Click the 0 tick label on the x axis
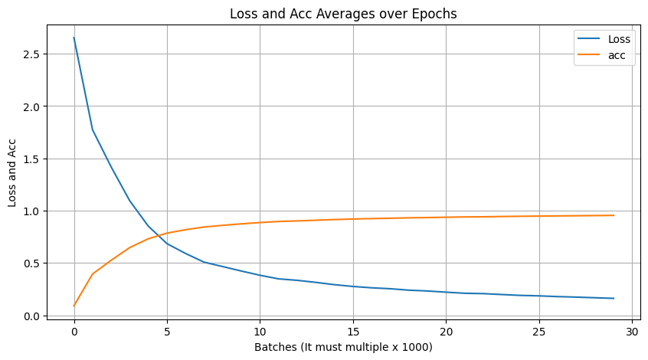[74, 331]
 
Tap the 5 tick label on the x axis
[167, 331]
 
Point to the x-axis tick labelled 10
[260, 331]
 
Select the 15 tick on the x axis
[353, 331]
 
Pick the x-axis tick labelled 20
[446, 331]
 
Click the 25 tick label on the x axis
[539, 331]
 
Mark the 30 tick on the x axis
[632, 331]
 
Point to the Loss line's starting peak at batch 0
[74, 38]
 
